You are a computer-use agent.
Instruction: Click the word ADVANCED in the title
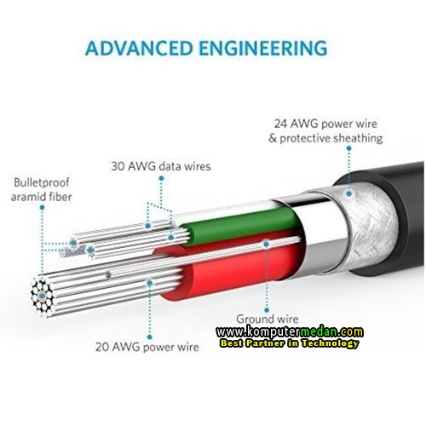point(139,48)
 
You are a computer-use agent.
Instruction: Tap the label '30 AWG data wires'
point(161,166)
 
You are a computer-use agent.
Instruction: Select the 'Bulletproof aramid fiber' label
point(41,189)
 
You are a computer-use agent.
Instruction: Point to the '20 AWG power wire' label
point(147,347)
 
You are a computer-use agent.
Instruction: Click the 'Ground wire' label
point(268,319)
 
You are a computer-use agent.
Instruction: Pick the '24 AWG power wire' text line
point(325,124)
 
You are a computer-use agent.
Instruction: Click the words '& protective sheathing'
point(325,138)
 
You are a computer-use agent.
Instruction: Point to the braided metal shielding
point(369,224)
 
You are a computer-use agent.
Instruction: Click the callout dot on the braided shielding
point(349,193)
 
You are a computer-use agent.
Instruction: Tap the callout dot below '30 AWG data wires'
point(161,178)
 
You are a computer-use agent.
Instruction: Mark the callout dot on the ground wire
point(266,245)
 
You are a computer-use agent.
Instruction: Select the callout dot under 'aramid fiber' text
point(42,208)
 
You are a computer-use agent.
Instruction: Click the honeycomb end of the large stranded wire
point(42,296)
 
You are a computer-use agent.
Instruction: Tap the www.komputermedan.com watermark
point(290,331)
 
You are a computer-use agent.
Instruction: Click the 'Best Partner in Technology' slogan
point(289,343)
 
